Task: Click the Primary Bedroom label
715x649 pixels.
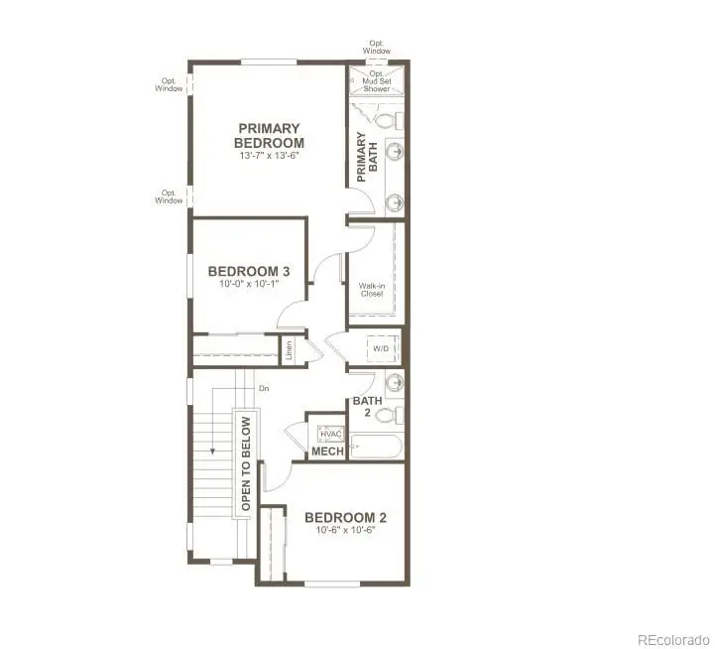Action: [268, 135]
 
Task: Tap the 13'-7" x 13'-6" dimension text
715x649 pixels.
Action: [268, 156]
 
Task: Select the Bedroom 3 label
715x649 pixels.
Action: [249, 271]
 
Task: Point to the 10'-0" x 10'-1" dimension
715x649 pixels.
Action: [249, 284]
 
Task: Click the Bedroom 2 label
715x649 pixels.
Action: [345, 517]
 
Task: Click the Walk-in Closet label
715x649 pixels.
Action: [372, 290]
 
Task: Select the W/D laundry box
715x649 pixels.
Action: [382, 350]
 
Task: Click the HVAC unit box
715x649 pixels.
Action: [329, 434]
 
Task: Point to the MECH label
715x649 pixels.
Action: [327, 453]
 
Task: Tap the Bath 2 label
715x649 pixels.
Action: [368, 407]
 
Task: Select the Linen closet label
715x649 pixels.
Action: [289, 350]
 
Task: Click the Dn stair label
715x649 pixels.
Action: [264, 389]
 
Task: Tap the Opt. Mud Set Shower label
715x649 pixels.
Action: [377, 80]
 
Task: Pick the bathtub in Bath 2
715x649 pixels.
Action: [375, 447]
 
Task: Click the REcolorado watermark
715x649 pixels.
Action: [672, 638]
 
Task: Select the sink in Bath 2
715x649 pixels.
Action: [395, 383]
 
